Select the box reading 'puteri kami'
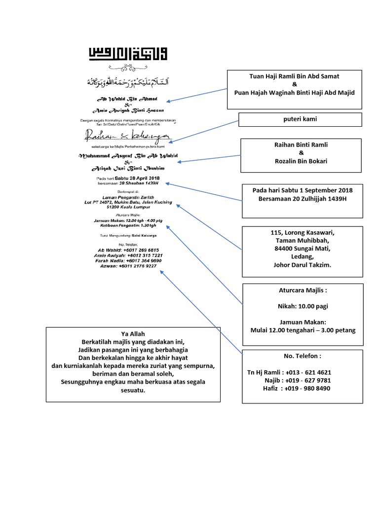(301, 119)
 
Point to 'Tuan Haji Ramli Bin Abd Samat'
(295, 76)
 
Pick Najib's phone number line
(296, 381)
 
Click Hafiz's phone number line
(297, 389)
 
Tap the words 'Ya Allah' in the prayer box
(133, 334)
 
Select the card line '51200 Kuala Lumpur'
(128, 208)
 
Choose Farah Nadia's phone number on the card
(128, 260)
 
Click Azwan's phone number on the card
(128, 266)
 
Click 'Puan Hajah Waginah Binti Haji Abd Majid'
(295, 93)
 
